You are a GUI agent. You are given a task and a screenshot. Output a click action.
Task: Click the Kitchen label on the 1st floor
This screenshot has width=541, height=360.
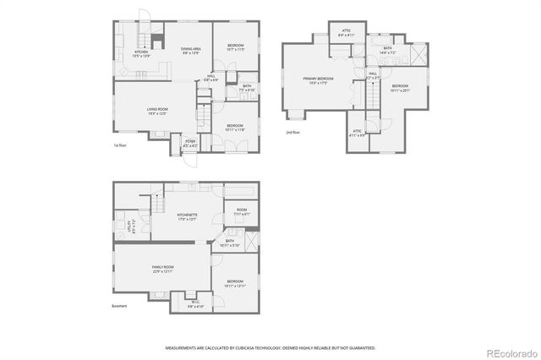(x=141, y=53)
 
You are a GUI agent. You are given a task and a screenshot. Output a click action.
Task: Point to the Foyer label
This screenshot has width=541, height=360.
(x=190, y=143)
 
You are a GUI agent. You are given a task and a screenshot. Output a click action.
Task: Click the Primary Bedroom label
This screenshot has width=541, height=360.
(x=319, y=80)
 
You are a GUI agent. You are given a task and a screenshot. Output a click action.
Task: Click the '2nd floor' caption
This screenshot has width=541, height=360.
(x=293, y=133)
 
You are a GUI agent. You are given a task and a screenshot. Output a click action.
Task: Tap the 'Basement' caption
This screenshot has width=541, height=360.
(x=120, y=306)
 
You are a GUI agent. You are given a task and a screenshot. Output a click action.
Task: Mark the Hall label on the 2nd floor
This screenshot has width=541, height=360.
(x=372, y=75)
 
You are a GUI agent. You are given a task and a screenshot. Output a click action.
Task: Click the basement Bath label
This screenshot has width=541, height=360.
(x=229, y=243)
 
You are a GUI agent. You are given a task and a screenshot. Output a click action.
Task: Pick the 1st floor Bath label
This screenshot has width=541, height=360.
(x=247, y=87)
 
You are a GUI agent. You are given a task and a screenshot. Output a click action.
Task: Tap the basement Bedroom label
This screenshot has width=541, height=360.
(x=234, y=283)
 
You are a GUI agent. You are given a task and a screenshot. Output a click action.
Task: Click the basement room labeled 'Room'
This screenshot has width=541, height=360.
(x=241, y=212)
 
